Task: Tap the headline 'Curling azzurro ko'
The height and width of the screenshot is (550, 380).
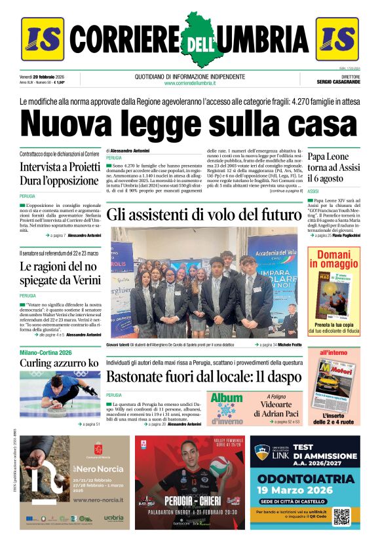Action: [x=59, y=363]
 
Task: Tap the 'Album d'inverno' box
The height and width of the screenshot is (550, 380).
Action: [x=227, y=407]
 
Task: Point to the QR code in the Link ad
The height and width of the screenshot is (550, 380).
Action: [x=341, y=516]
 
